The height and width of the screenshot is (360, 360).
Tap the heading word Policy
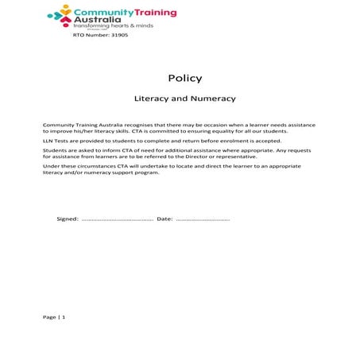[185, 79]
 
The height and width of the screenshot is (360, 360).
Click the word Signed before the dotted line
[68, 219]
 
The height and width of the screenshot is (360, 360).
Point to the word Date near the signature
[165, 219]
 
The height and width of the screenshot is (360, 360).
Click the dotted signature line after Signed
[117, 219]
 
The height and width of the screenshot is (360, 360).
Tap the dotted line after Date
[203, 219]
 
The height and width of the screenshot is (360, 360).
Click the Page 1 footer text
[54, 317]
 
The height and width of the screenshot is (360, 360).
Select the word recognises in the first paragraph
[131, 125]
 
